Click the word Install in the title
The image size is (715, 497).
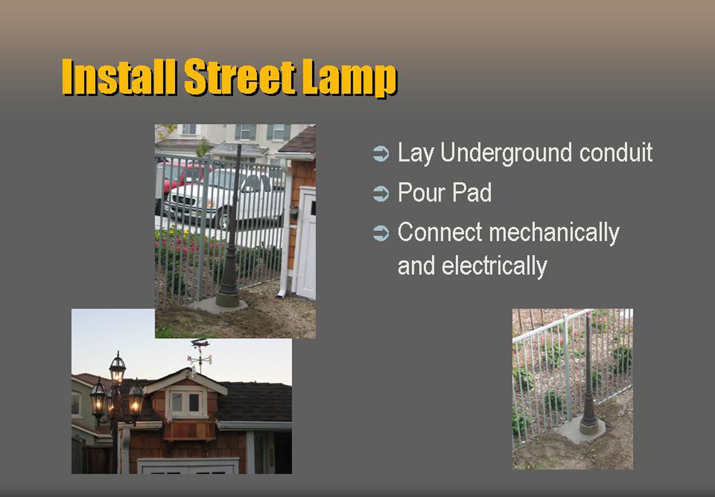(x=119, y=77)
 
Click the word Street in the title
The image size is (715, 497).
(x=240, y=77)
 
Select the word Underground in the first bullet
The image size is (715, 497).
(x=506, y=154)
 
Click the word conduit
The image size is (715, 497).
(x=615, y=152)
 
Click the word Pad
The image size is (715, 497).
(x=472, y=192)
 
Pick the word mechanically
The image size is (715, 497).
(x=554, y=233)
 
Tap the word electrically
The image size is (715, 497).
(x=495, y=266)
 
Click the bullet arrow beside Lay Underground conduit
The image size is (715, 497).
(x=381, y=154)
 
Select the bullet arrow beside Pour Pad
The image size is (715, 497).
(x=381, y=193)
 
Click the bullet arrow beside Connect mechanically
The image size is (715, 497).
(x=381, y=233)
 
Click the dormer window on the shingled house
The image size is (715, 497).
(x=186, y=404)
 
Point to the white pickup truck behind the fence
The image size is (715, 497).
(x=223, y=197)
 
